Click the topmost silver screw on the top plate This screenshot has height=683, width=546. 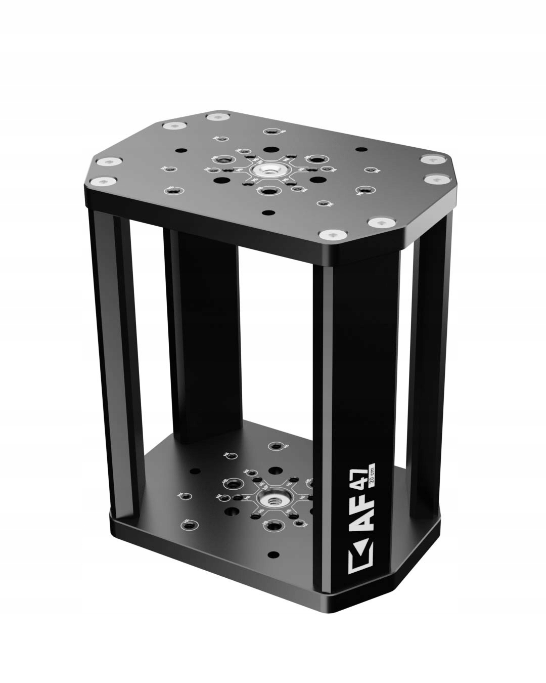click(x=215, y=117)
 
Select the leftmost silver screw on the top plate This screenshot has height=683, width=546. click(x=108, y=162)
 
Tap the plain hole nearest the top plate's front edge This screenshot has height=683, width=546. click(x=271, y=212)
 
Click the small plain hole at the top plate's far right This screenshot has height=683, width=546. click(x=360, y=150)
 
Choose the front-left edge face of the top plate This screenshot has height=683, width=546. click(x=202, y=228)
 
